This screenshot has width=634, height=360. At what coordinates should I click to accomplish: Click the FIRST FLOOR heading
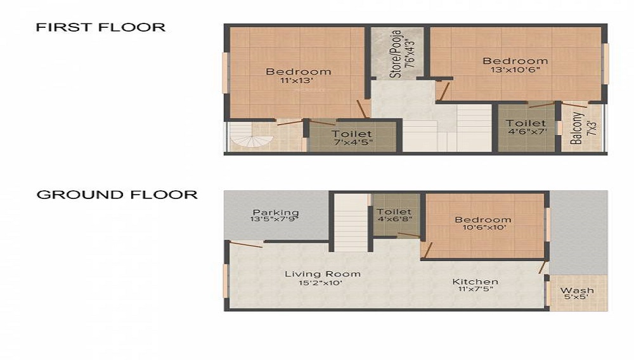pyautogui.click(x=100, y=27)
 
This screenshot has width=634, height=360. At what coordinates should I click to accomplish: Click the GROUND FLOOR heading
pyautogui.click(x=117, y=195)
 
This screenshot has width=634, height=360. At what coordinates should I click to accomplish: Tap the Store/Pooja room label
pyautogui.click(x=396, y=53)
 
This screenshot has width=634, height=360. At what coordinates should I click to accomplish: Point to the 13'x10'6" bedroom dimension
pyautogui.click(x=515, y=70)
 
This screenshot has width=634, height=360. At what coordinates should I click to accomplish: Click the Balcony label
pyautogui.click(x=576, y=128)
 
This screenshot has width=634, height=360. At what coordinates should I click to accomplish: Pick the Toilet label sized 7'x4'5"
pyautogui.click(x=352, y=134)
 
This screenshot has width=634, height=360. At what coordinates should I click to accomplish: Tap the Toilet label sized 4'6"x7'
pyautogui.click(x=526, y=124)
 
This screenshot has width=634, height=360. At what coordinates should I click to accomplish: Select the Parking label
pyautogui.click(x=275, y=212)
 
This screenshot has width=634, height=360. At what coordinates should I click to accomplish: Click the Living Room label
pyautogui.click(x=322, y=274)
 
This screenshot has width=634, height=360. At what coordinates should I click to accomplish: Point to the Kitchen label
pyautogui.click(x=475, y=281)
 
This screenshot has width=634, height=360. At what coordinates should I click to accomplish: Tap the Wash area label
pyautogui.click(x=577, y=290)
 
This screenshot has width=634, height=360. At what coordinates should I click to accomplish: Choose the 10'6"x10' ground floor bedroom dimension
pyautogui.click(x=482, y=228)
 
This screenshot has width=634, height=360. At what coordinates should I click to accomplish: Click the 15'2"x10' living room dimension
pyautogui.click(x=322, y=283)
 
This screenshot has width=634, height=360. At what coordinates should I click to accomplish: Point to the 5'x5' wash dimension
pyautogui.click(x=577, y=298)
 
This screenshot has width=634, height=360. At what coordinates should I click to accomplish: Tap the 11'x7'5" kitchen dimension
pyautogui.click(x=475, y=289)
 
